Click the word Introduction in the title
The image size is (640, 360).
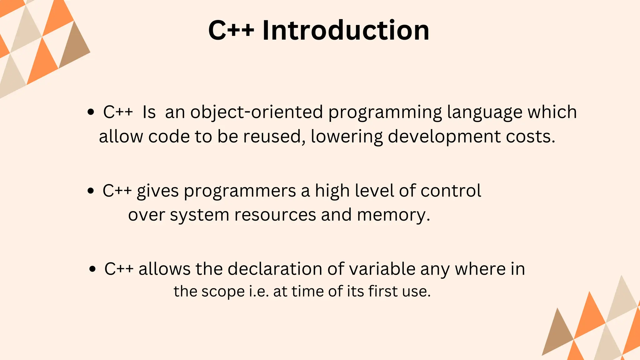(x=346, y=30)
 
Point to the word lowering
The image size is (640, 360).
(x=347, y=137)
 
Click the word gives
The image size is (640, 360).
(x=157, y=191)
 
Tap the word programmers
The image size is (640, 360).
(x=240, y=191)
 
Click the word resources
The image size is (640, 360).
(x=275, y=215)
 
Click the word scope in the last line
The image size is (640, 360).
(x=223, y=292)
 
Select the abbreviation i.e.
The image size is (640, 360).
(x=259, y=292)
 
